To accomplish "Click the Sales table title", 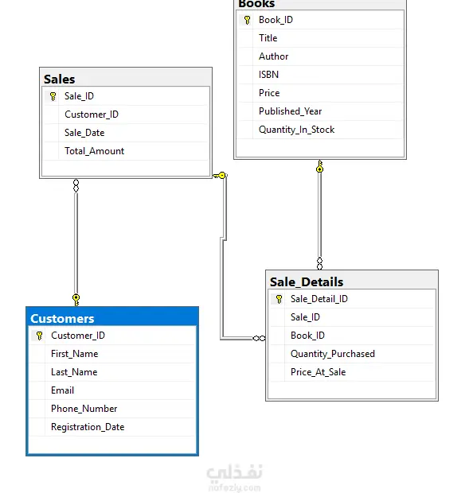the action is click(x=59, y=80).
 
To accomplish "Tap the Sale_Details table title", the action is click(x=307, y=282).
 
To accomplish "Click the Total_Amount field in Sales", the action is click(x=94, y=151).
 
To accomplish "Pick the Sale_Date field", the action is click(x=84, y=133).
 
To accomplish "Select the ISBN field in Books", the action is click(x=268, y=75).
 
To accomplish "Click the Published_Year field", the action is click(x=290, y=111).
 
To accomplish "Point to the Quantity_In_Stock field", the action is click(x=296, y=130).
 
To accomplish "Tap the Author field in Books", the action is click(x=274, y=56).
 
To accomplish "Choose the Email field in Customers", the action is click(x=62, y=390).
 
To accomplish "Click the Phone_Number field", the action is click(x=84, y=409).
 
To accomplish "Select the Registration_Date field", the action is click(x=88, y=427).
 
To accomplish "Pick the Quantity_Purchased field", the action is click(x=333, y=354).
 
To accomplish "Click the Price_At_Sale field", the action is click(x=319, y=372).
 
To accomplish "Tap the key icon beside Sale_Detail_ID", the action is click(x=279, y=299).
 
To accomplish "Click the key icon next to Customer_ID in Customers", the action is click(x=39, y=336).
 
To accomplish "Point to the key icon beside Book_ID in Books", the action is click(x=247, y=20).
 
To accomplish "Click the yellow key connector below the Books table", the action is click(x=320, y=166).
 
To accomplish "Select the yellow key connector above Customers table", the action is click(x=76, y=300).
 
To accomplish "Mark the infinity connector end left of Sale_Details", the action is click(x=259, y=338).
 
